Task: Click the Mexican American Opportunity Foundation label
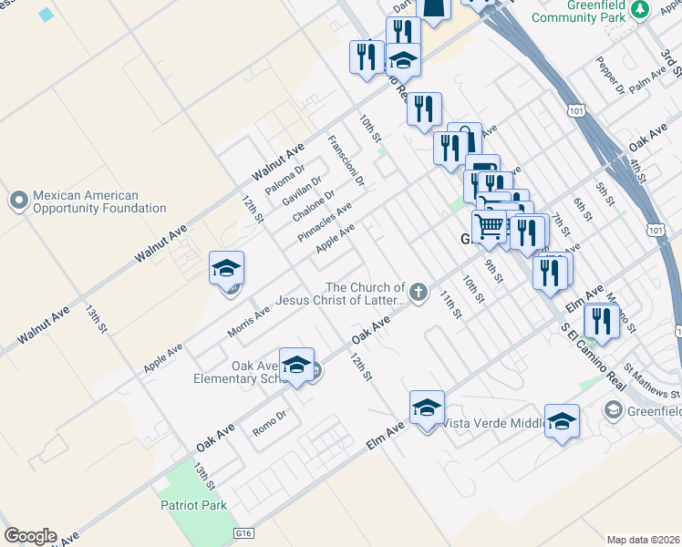coord(98,201)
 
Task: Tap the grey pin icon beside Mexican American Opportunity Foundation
coord(18,200)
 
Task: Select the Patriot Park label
coord(192,504)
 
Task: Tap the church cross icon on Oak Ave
coord(418,292)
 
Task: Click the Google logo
coord(30,535)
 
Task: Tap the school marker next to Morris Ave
coord(227,269)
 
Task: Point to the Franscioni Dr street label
coord(346,161)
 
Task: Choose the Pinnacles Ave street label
coord(325,223)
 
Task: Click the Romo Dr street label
coord(269,420)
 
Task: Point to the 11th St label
coord(450,304)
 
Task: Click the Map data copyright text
coord(643,540)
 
